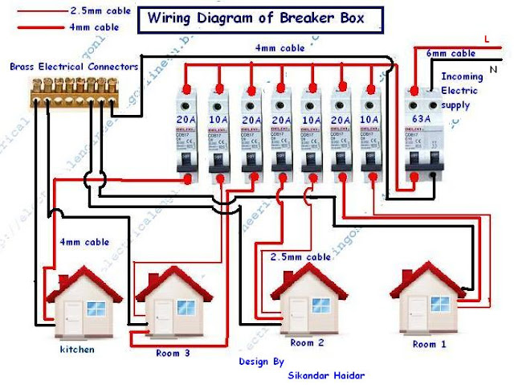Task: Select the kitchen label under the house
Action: (76, 350)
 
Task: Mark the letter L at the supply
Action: (487, 38)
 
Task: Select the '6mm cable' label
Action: (451, 53)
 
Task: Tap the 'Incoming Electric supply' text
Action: (463, 89)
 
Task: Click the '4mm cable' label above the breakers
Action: (280, 48)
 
